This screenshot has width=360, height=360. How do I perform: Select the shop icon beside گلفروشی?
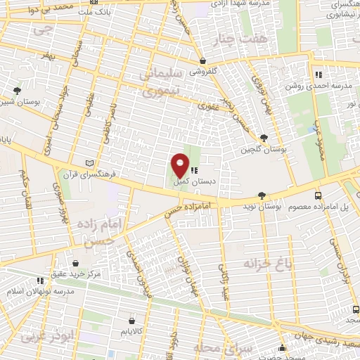[202, 60]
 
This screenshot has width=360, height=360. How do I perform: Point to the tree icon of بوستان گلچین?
[263, 139]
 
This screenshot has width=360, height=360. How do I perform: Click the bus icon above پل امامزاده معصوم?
[319, 195]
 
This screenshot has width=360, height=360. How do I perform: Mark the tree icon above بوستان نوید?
[262, 195]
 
